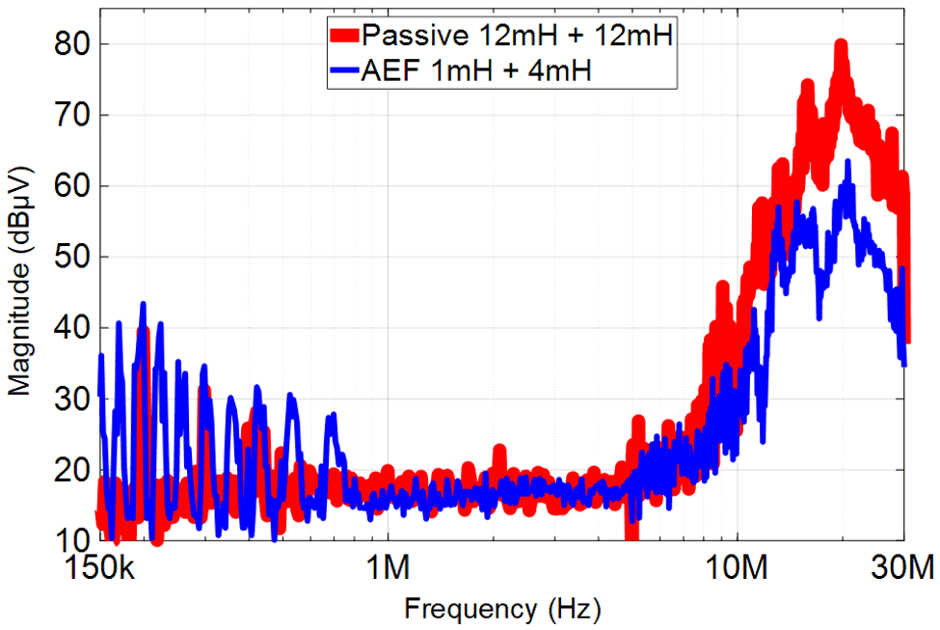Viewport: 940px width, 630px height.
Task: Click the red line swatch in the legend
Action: click(x=343, y=37)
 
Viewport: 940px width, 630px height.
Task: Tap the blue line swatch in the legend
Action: click(x=343, y=69)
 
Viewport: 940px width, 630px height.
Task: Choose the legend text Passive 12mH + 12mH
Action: click(x=516, y=37)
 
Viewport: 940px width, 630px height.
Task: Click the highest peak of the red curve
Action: click(x=841, y=42)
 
